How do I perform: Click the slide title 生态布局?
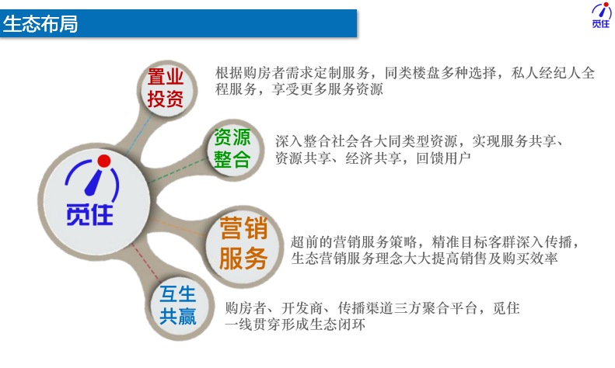[x=40, y=23]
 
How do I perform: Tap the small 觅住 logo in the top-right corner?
[x=601, y=16]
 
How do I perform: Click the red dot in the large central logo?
[x=104, y=161]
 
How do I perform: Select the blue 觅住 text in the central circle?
[x=90, y=214]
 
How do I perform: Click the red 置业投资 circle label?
[x=166, y=88]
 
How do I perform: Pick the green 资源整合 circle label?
[x=232, y=148]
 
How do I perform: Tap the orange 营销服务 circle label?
[x=243, y=243]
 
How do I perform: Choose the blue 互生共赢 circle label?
[x=178, y=305]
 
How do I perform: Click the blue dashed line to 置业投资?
[x=140, y=134]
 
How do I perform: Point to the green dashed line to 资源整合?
[x=177, y=171]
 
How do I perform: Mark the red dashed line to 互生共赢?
[x=146, y=262]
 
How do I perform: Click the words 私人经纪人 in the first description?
[x=546, y=73]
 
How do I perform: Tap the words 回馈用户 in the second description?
[x=443, y=158]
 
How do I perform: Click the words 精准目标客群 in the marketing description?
[x=473, y=242]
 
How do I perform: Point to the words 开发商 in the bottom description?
[x=302, y=308]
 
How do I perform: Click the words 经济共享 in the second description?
[x=373, y=158]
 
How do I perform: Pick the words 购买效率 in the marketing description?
[x=529, y=259]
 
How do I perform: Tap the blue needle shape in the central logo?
[x=95, y=182]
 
